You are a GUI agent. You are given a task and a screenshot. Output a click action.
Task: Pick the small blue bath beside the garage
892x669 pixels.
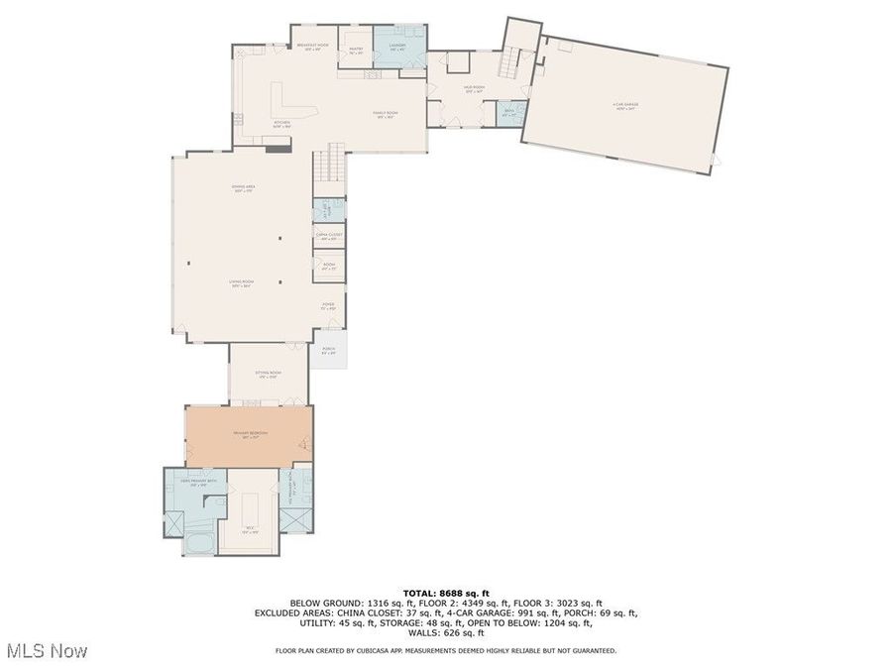tap(508, 113)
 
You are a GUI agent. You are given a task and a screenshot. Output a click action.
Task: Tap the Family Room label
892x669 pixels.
tap(384, 115)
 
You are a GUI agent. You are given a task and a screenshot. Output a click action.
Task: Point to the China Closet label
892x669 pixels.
tap(328, 236)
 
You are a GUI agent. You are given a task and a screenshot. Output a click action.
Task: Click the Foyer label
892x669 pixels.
tap(328, 306)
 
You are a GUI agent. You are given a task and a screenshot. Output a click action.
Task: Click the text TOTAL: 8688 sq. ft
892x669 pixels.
tap(445, 593)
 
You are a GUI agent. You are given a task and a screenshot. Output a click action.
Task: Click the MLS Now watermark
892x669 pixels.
tap(47, 651)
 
